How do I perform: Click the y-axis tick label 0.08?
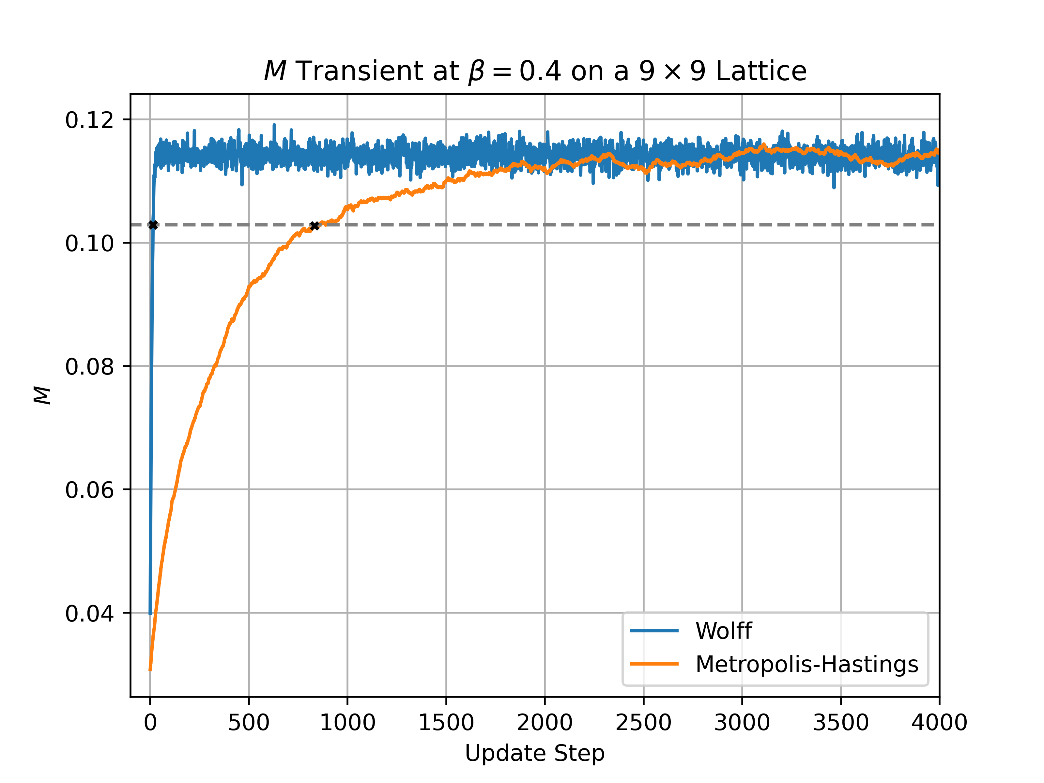click(x=90, y=367)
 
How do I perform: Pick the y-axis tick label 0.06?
click(x=90, y=490)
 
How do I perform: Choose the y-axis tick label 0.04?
click(x=90, y=614)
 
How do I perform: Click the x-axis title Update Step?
click(x=535, y=753)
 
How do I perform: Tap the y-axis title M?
click(x=42, y=395)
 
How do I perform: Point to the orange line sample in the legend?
click(x=654, y=664)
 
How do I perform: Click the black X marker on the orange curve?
click(x=314, y=226)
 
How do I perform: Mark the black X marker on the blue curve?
click(x=153, y=225)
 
